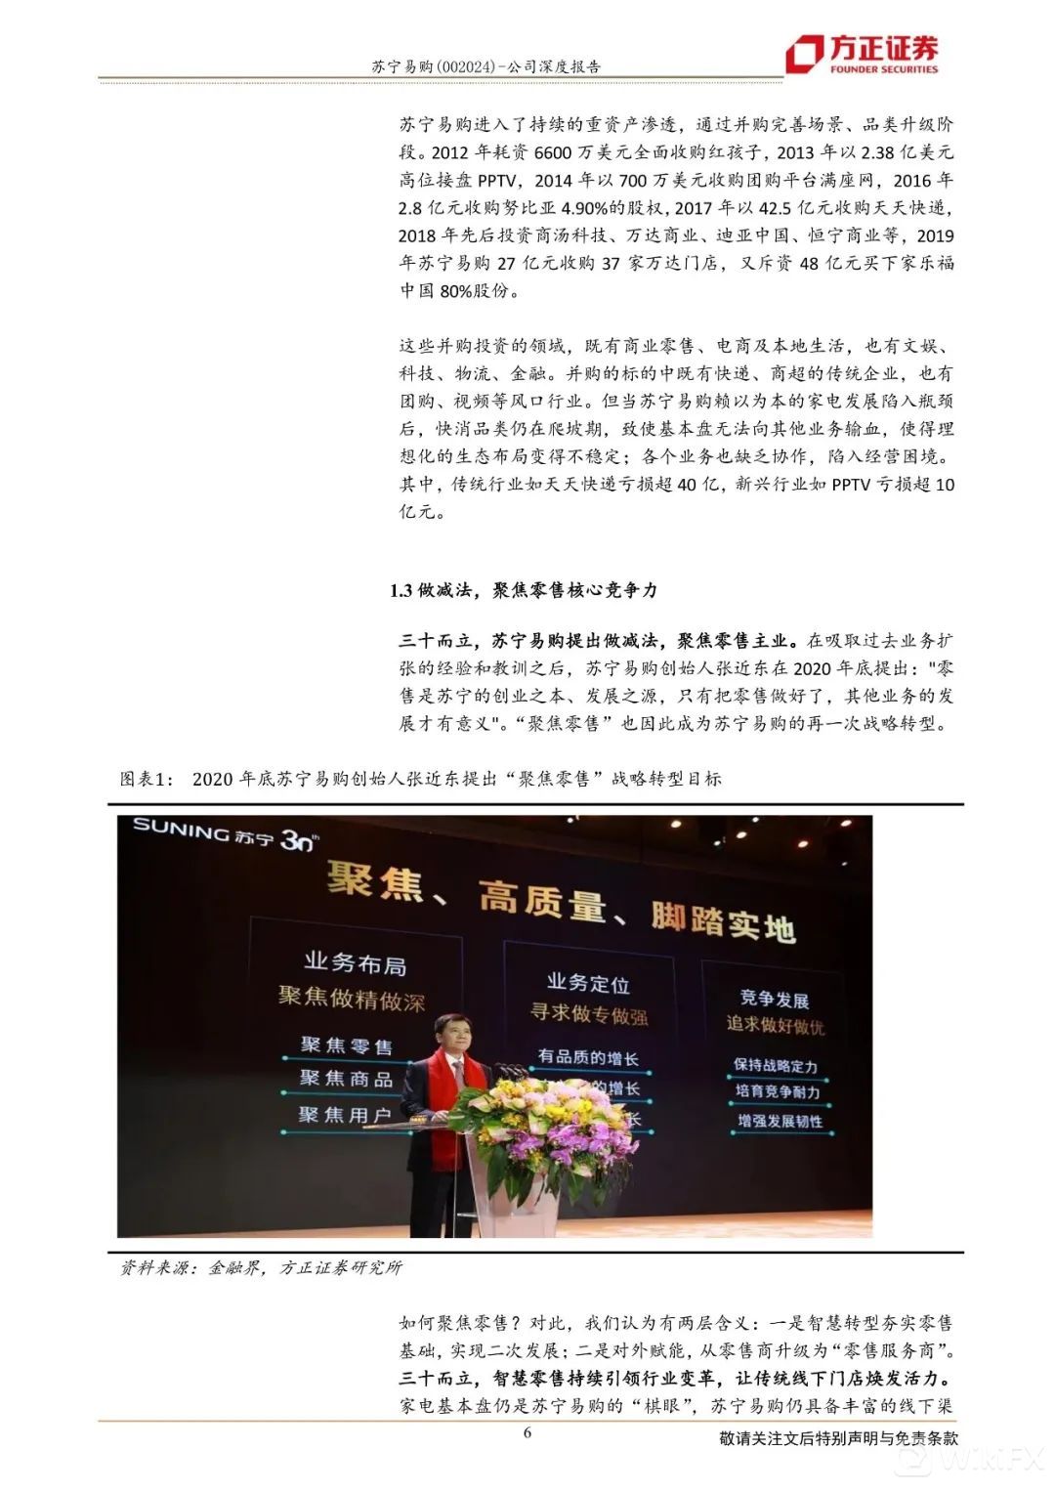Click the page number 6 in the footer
point(527,1433)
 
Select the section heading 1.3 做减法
point(524,590)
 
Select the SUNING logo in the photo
point(224,833)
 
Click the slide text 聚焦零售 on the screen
point(346,1045)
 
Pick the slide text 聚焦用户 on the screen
point(344,1115)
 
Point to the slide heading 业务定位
point(587,983)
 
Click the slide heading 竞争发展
point(774,998)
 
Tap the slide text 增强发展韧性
point(780,1121)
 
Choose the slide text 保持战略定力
point(776,1065)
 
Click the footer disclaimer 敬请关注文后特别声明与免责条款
point(838,1439)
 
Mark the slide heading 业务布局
point(355,963)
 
